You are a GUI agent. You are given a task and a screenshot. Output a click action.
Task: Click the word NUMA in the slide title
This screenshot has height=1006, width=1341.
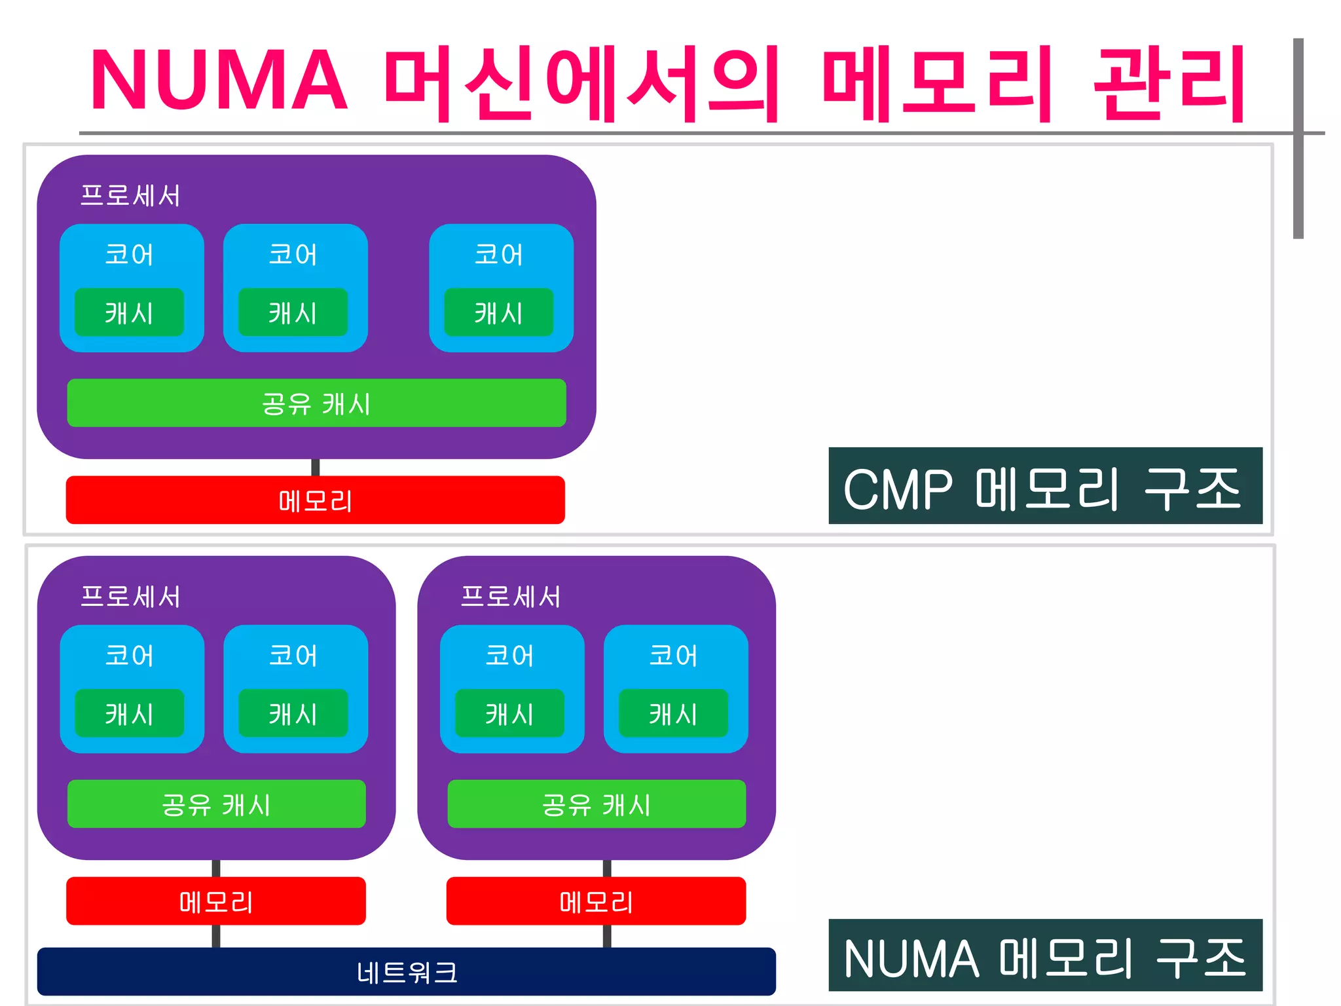pyautogui.click(x=219, y=81)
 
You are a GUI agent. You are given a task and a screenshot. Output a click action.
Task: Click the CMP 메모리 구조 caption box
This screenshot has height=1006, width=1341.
pyautogui.click(x=1045, y=486)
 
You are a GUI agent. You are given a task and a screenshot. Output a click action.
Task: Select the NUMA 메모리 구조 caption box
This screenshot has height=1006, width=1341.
pyautogui.click(x=1045, y=955)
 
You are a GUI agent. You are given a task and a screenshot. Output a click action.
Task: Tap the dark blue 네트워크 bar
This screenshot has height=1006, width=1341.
pyautogui.click(x=406, y=971)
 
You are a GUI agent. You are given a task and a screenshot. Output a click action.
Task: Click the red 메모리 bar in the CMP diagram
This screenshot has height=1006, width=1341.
pyautogui.click(x=315, y=500)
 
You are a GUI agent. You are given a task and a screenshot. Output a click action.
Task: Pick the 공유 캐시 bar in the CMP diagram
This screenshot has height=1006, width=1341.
pyautogui.click(x=316, y=403)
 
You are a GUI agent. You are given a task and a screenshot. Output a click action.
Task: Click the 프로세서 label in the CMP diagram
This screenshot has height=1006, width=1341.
pyautogui.click(x=130, y=195)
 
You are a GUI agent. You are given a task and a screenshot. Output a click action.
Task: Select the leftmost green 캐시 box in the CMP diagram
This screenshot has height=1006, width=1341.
pyautogui.click(x=129, y=312)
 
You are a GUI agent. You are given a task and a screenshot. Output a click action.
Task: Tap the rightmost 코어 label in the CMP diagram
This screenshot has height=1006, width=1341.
pyautogui.click(x=499, y=254)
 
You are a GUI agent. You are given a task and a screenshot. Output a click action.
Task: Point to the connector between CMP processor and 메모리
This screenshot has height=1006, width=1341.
pyautogui.click(x=316, y=467)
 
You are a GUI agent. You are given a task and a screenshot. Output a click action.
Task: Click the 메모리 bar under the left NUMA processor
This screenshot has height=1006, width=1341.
pyautogui.click(x=215, y=901)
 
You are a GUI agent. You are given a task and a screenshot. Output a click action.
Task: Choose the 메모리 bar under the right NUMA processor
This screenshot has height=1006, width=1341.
pyautogui.click(x=596, y=901)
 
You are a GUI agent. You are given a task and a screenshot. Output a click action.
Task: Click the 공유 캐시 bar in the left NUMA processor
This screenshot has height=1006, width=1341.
pyautogui.click(x=216, y=804)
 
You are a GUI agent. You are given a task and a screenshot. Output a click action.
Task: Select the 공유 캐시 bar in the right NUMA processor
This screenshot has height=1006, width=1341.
pyautogui.click(x=597, y=804)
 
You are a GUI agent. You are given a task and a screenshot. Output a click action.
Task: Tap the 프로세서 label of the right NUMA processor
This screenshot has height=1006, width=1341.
pyautogui.click(x=511, y=597)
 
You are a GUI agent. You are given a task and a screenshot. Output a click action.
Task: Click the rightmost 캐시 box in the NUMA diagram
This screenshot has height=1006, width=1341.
pyautogui.click(x=673, y=713)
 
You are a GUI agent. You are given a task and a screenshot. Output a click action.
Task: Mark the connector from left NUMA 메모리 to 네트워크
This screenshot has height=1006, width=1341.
pyautogui.click(x=216, y=936)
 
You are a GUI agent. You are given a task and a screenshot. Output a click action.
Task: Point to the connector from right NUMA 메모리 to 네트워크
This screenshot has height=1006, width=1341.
pyautogui.click(x=607, y=936)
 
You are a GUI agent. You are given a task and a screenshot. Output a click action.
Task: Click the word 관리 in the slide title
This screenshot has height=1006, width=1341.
pyautogui.click(x=1169, y=83)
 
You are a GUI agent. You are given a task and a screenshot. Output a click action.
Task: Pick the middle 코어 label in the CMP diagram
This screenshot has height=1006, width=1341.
pyautogui.click(x=293, y=254)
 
